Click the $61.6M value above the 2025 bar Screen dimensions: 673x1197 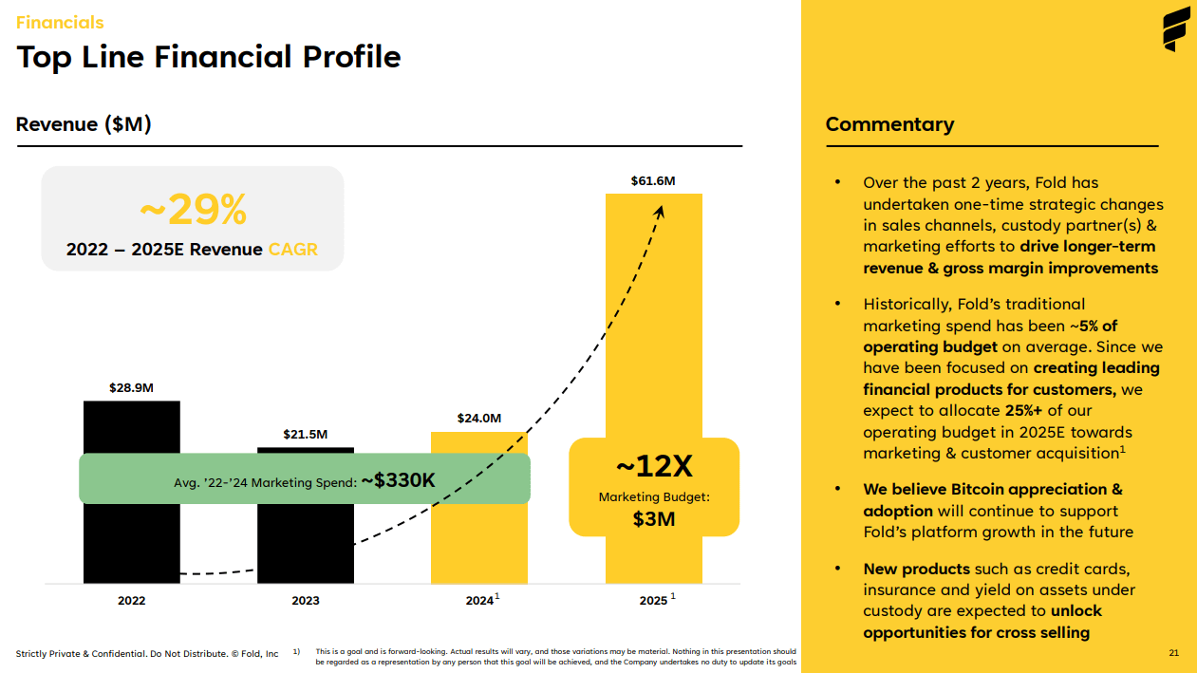(x=653, y=180)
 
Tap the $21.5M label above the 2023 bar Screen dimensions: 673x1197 (x=306, y=434)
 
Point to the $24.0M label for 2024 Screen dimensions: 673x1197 (x=478, y=418)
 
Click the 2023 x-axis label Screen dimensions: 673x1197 (x=306, y=601)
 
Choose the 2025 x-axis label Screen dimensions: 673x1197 (x=654, y=601)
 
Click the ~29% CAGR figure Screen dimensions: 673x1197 (x=193, y=210)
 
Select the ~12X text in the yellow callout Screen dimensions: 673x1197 (x=654, y=466)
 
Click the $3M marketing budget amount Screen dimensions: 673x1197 (x=654, y=518)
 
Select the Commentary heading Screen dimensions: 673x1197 (x=889, y=124)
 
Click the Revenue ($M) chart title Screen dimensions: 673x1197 (x=84, y=124)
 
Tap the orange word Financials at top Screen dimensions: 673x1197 (x=60, y=22)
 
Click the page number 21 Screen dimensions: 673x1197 (x=1173, y=653)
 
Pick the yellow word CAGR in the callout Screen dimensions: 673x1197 (x=293, y=250)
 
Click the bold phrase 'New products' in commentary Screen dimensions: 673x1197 (x=916, y=569)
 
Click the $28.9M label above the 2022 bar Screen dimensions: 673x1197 (x=131, y=387)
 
